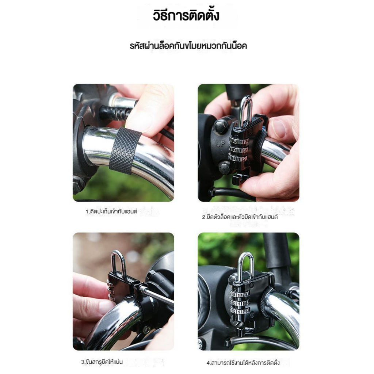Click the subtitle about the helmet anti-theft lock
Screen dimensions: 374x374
(x=188, y=46)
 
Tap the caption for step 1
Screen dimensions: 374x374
(x=111, y=211)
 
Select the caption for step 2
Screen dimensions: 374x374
(x=240, y=217)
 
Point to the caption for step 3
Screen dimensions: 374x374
(x=102, y=362)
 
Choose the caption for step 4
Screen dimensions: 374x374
(x=243, y=363)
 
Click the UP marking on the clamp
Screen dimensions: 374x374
(x=220, y=144)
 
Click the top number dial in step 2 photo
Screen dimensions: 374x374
(x=239, y=141)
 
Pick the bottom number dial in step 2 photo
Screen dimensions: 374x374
(x=238, y=158)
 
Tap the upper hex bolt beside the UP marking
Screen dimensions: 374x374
(x=221, y=127)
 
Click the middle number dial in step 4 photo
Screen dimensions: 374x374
(x=240, y=303)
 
